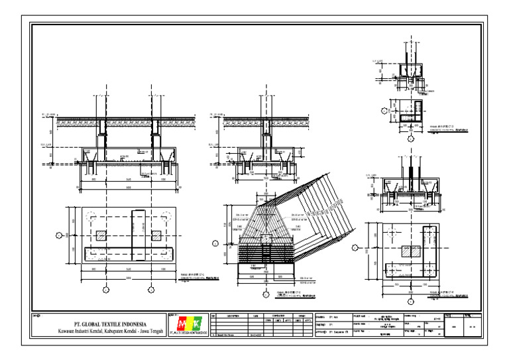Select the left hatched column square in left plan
[x=101, y=235]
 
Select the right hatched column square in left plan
[x=156, y=235]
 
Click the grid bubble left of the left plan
[x=58, y=235]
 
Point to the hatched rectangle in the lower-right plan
[x=411, y=252]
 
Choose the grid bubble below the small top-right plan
[x=412, y=141]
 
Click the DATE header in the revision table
[x=256, y=316]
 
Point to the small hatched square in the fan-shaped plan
[x=265, y=237]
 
